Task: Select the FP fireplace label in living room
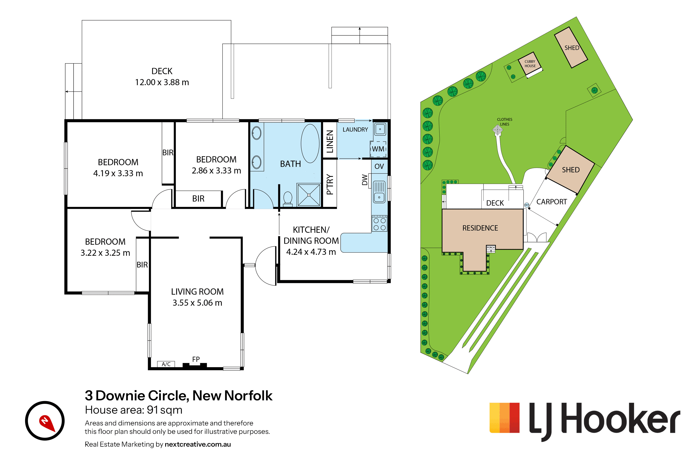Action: (196, 359)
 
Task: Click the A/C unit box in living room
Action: (166, 364)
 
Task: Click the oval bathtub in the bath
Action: (310, 143)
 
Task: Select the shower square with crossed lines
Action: (309, 195)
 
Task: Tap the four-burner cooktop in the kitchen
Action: (380, 224)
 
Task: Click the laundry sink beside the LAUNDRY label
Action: (380, 129)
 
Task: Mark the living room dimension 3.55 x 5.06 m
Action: (197, 303)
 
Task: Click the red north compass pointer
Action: (47, 423)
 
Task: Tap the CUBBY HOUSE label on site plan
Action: (530, 64)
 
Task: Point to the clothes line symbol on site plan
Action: (498, 130)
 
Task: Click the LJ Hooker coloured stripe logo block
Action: (504, 418)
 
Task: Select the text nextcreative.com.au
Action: (198, 444)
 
